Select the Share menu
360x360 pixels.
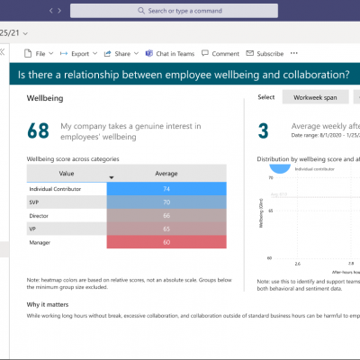[x=121, y=53]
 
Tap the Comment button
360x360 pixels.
[x=224, y=53]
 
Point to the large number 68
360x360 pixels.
[x=39, y=131]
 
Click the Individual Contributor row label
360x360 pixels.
[x=55, y=189]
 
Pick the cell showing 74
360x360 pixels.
[x=166, y=189]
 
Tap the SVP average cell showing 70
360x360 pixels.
[x=166, y=202]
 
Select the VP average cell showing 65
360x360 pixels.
[x=166, y=229]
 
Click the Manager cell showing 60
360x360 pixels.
[x=166, y=243]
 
